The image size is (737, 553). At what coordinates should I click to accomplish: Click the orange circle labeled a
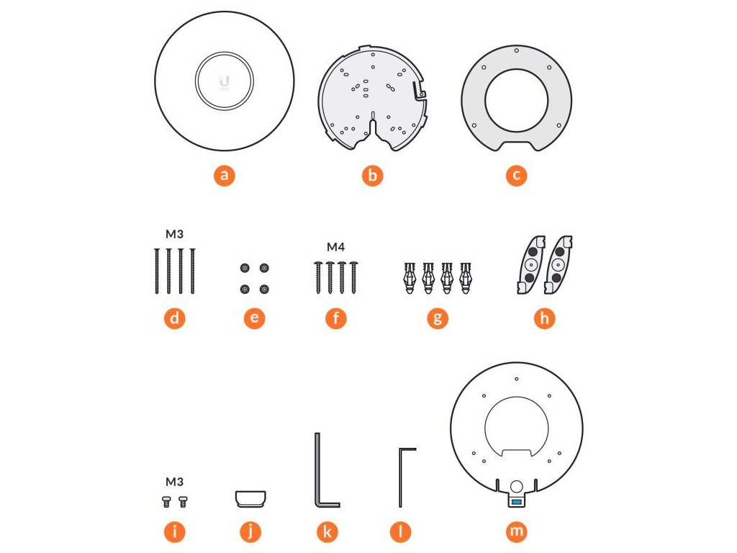(x=225, y=176)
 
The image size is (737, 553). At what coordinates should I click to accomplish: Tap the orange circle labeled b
(x=372, y=176)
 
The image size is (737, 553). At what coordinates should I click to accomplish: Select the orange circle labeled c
(x=516, y=176)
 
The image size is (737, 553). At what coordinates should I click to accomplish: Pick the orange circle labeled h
(x=544, y=318)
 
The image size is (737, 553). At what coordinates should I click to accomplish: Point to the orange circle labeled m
(x=516, y=531)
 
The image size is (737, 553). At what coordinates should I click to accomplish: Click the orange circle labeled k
(x=327, y=532)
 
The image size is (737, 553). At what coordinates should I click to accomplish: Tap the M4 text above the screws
(x=335, y=247)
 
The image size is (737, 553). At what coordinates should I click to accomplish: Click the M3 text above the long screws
(x=174, y=234)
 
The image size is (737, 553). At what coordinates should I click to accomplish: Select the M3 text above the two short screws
(x=174, y=482)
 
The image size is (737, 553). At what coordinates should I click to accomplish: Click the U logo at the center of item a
(x=225, y=81)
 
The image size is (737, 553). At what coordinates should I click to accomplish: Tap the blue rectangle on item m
(x=516, y=502)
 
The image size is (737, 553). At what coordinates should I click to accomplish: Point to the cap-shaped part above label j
(x=250, y=499)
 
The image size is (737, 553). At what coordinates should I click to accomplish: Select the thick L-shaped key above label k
(x=317, y=470)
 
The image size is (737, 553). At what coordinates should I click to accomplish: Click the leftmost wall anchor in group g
(x=410, y=278)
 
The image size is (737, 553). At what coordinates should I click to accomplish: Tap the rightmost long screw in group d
(x=193, y=271)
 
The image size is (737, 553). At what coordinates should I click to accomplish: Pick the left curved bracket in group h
(x=531, y=265)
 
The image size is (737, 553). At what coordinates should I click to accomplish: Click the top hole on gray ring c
(x=516, y=50)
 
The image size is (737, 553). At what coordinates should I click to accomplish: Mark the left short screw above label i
(x=166, y=502)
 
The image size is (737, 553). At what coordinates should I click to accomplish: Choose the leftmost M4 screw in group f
(x=318, y=277)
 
